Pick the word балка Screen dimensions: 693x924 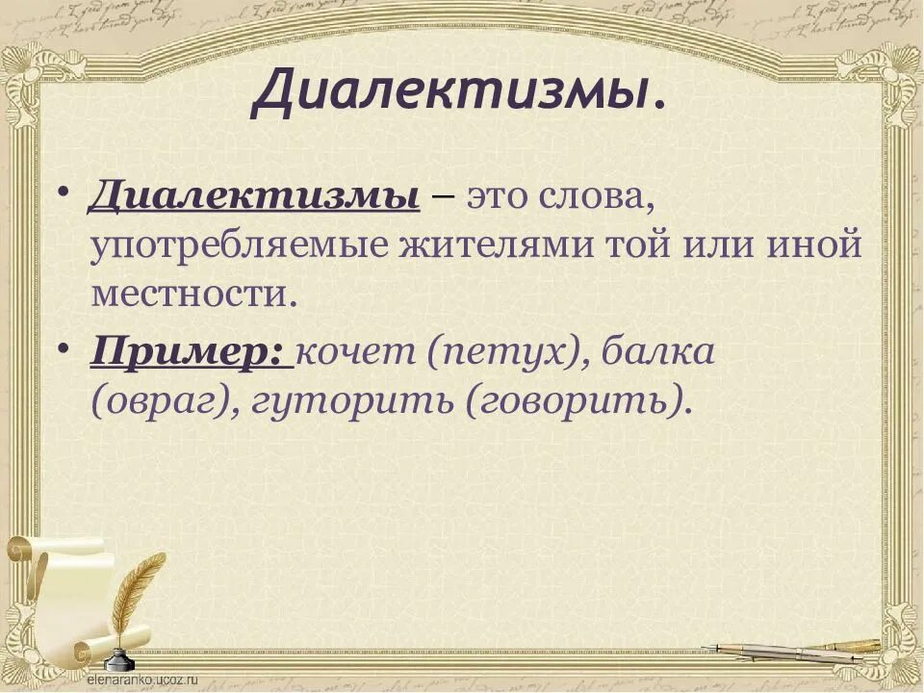click(657, 352)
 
